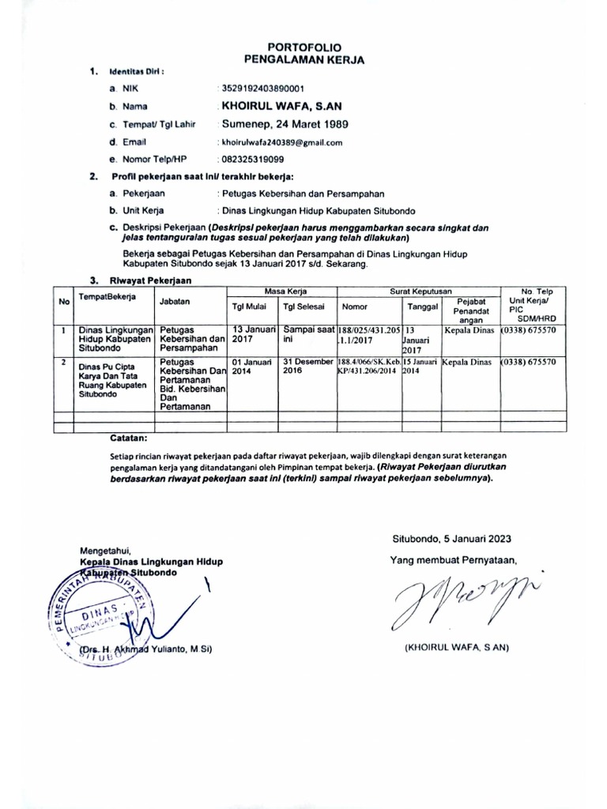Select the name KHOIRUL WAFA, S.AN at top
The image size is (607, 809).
click(x=280, y=106)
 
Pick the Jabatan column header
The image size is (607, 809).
click(x=175, y=302)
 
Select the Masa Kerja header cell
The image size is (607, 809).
click(x=280, y=292)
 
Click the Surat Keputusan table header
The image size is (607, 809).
click(x=419, y=292)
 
